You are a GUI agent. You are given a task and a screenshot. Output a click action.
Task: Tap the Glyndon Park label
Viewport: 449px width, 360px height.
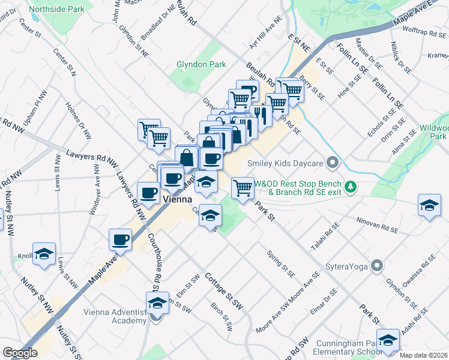click(200, 64)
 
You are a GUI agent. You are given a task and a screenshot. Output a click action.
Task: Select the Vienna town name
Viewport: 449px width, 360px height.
click(176, 197)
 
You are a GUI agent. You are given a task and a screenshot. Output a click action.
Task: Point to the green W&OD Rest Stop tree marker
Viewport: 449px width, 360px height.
click(354, 187)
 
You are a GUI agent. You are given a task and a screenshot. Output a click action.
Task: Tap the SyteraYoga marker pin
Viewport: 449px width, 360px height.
click(376, 265)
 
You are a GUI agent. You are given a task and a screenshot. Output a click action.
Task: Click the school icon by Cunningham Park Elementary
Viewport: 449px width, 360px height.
click(388, 341)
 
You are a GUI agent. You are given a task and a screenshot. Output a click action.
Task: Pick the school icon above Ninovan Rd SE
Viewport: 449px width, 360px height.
click(429, 206)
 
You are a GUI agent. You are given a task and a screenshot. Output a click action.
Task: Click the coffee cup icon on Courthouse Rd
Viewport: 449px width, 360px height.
click(120, 240)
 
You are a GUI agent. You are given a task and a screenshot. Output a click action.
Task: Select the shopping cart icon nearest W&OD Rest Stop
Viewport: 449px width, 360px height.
click(243, 188)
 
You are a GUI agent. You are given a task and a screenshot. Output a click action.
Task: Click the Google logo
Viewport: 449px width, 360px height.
click(20, 353)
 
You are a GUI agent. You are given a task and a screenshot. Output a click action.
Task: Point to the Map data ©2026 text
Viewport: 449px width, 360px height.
click(423, 355)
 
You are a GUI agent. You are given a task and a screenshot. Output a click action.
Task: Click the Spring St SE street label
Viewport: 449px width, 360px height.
click(281, 264)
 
